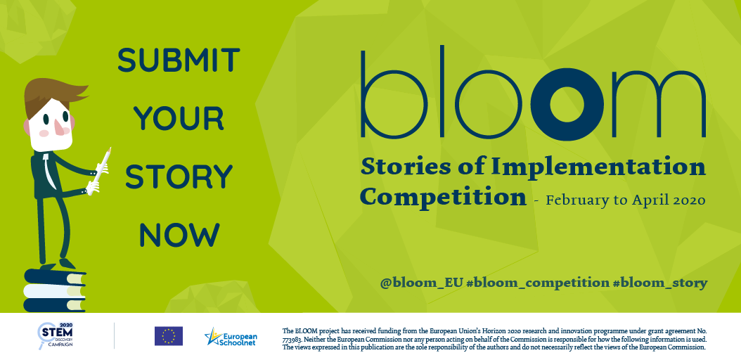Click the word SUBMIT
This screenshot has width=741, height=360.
179,60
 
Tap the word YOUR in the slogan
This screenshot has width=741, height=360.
179,119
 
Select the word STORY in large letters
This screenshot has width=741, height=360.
179,176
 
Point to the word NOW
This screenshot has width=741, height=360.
179,235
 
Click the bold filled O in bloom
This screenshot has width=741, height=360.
567,105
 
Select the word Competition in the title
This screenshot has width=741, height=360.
443,197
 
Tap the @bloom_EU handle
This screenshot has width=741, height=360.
421,283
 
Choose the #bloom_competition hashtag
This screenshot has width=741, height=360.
537,283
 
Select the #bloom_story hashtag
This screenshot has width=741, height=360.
659,283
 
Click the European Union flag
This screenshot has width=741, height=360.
169,336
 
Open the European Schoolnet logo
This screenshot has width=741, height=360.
231,336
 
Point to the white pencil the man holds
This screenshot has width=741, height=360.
101,169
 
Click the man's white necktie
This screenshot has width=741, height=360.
47,171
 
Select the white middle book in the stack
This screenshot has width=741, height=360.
55,290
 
